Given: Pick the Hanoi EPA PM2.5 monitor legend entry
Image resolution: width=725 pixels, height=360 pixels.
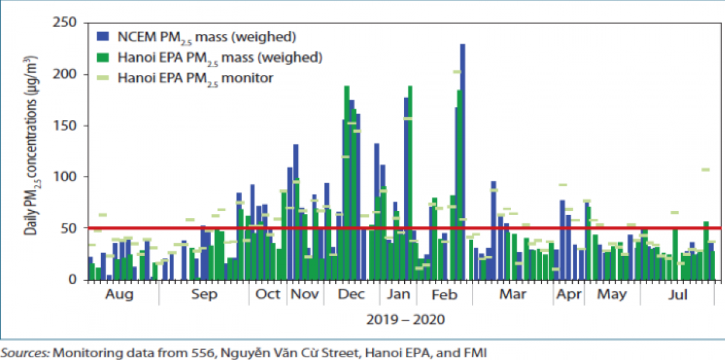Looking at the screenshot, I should click(x=196, y=77).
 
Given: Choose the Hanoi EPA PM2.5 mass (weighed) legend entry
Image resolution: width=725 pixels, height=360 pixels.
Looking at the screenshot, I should click(x=208, y=57).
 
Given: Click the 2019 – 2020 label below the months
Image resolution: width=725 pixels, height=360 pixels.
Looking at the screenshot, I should click(x=405, y=319).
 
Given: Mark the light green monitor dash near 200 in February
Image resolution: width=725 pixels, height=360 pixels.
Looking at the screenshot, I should click(x=457, y=72).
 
